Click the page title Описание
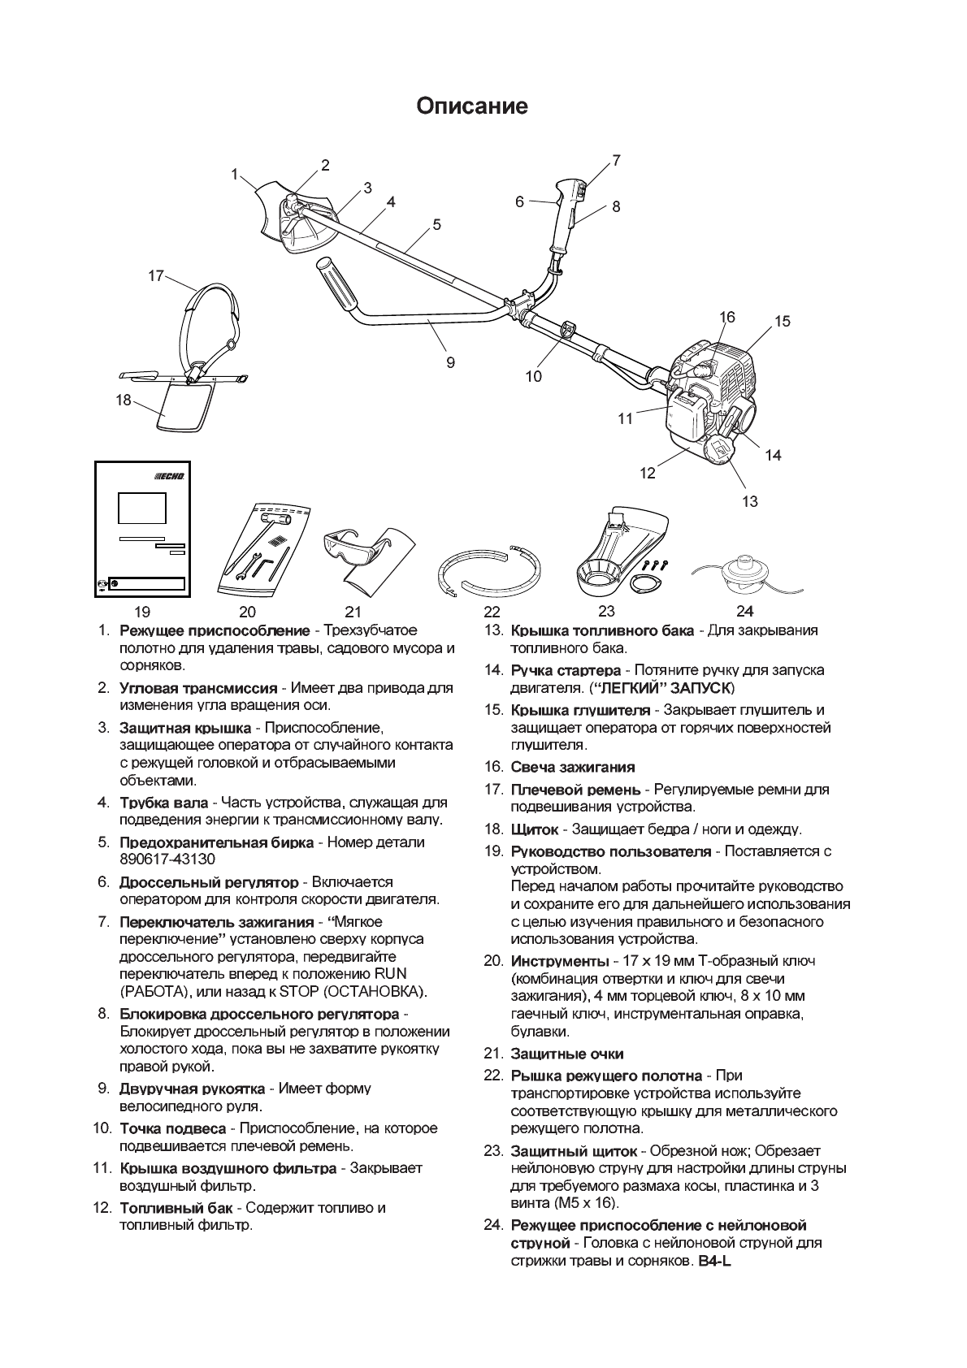click(472, 106)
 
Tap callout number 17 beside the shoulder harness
click(156, 275)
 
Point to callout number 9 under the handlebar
click(450, 362)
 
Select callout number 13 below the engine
click(749, 501)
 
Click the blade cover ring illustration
click(490, 571)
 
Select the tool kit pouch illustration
click(264, 548)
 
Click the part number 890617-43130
click(167, 859)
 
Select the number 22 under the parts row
click(492, 612)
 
